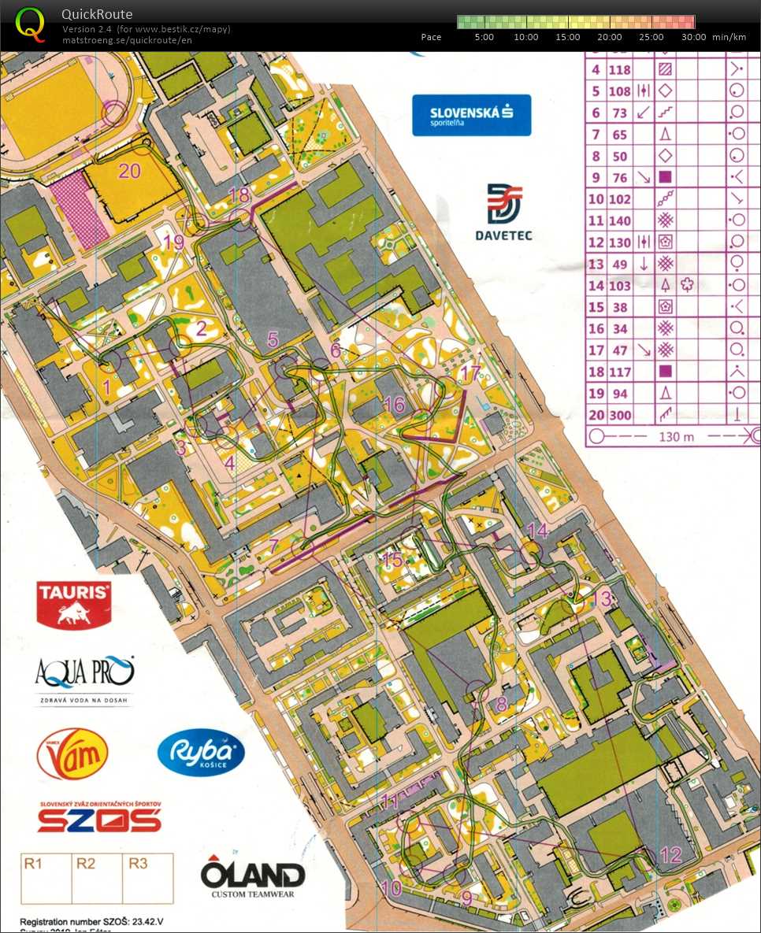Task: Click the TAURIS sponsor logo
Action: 73,603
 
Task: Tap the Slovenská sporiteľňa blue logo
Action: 471,115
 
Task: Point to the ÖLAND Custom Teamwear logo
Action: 252,877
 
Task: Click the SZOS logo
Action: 99,817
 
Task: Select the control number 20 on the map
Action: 129,169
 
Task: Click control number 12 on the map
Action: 670,855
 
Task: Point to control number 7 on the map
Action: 273,546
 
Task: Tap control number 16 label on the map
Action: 394,405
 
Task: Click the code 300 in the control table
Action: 620,415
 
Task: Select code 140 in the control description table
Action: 620,221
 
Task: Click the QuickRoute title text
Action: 97,14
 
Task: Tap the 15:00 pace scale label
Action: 568,37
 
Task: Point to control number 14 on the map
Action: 537,530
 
